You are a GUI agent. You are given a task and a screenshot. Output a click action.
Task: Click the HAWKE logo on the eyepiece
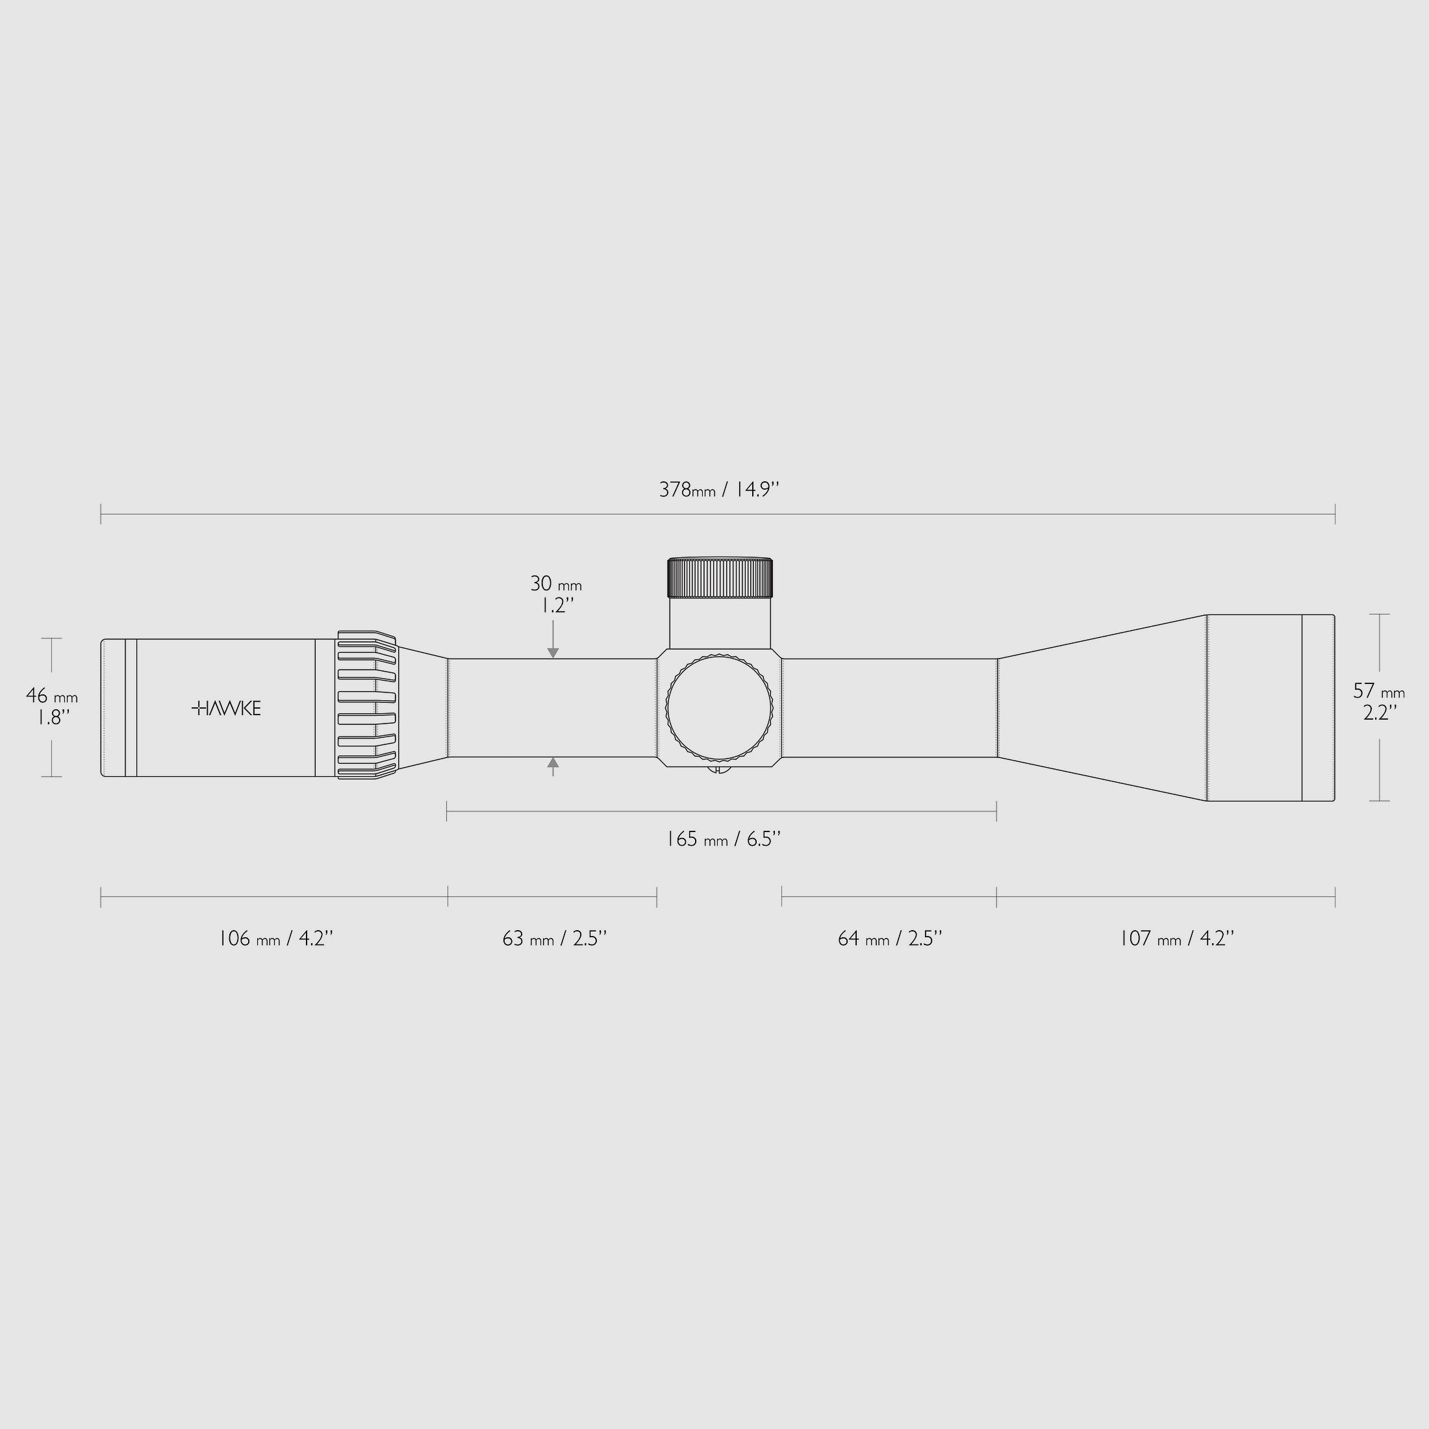click(226, 709)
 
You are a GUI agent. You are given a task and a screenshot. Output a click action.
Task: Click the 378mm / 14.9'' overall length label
click(719, 490)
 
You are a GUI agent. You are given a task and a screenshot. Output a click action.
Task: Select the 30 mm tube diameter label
click(555, 583)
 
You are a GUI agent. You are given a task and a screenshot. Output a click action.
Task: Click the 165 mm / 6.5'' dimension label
click(724, 839)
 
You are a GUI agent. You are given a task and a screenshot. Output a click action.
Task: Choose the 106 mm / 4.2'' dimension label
click(276, 939)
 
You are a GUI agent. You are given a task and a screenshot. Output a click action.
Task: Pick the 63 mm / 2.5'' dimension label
click(554, 939)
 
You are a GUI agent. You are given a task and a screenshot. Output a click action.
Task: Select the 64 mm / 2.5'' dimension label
click(890, 939)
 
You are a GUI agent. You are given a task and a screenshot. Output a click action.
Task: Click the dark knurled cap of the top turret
click(720, 577)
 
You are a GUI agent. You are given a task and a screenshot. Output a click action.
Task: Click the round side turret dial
click(719, 708)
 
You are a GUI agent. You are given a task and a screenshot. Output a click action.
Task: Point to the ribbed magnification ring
click(368, 705)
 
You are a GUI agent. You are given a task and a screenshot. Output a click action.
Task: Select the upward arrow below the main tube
click(553, 764)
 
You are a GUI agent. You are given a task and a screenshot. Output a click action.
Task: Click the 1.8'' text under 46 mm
click(54, 718)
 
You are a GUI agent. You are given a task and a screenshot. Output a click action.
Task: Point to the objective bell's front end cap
click(1318, 708)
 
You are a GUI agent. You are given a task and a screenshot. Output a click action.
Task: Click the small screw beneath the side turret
click(719, 768)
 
